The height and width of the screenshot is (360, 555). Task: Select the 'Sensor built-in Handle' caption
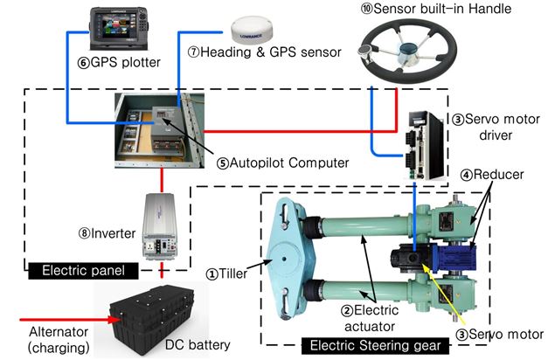447,9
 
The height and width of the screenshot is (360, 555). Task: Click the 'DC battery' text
199,345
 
